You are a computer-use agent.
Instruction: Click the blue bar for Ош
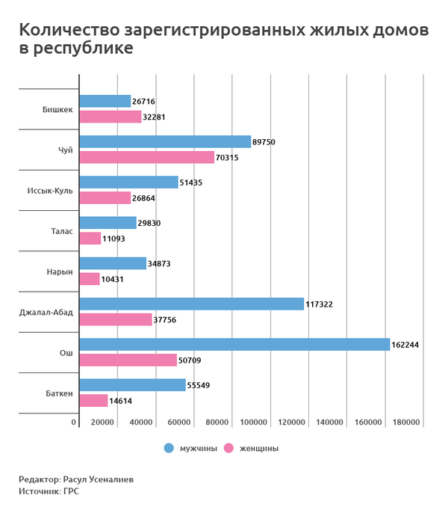click(x=234, y=345)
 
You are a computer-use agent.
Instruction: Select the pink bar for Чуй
click(x=146, y=157)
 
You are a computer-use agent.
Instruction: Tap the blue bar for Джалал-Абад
click(x=191, y=304)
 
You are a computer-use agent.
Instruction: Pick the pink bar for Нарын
click(x=90, y=279)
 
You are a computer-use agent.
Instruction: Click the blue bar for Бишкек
click(x=105, y=101)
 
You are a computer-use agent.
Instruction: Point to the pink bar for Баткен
click(x=93, y=401)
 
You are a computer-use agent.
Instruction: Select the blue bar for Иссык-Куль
click(x=128, y=182)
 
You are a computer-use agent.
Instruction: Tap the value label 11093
click(x=114, y=239)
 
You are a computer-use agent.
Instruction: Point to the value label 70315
click(x=228, y=158)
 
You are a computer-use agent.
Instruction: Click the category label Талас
click(x=62, y=231)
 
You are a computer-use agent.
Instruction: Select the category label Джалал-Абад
click(x=46, y=312)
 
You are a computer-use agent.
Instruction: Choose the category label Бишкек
click(x=58, y=109)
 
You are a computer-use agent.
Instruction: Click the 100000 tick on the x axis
click(x=254, y=423)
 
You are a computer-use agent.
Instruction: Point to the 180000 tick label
click(x=407, y=423)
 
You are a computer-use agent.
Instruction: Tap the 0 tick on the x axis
click(x=74, y=423)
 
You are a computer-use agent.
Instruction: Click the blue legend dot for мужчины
click(x=169, y=448)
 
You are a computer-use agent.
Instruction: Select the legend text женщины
click(x=258, y=449)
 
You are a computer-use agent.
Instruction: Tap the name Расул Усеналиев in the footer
click(x=99, y=479)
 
